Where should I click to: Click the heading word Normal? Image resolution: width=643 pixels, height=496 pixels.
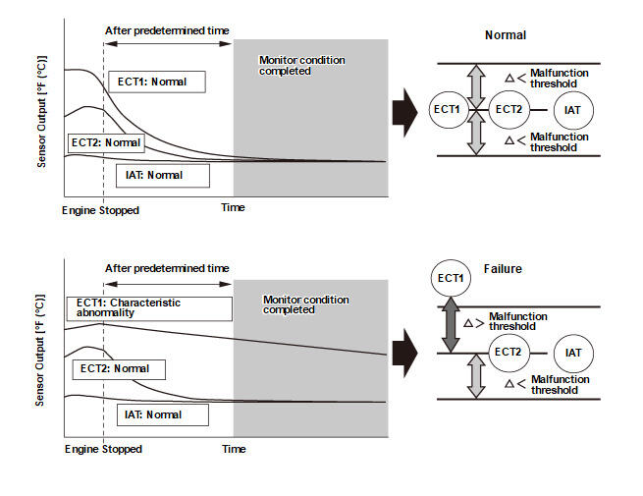click(506, 35)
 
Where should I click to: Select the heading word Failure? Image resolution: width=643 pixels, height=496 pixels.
click(503, 269)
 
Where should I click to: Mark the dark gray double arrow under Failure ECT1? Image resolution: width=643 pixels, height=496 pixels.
click(451, 325)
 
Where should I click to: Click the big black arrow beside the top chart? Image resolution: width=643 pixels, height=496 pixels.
click(404, 112)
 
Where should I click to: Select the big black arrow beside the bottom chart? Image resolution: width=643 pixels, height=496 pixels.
click(404, 353)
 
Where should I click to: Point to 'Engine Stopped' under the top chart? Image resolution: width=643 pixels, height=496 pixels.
click(100, 210)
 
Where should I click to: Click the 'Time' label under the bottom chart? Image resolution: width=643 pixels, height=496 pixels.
click(234, 449)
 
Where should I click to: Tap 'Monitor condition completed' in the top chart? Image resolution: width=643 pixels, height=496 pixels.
click(301, 66)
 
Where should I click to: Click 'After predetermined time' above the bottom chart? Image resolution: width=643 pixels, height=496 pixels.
click(167, 269)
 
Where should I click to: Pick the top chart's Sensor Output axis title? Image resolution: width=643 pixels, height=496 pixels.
click(42, 112)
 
